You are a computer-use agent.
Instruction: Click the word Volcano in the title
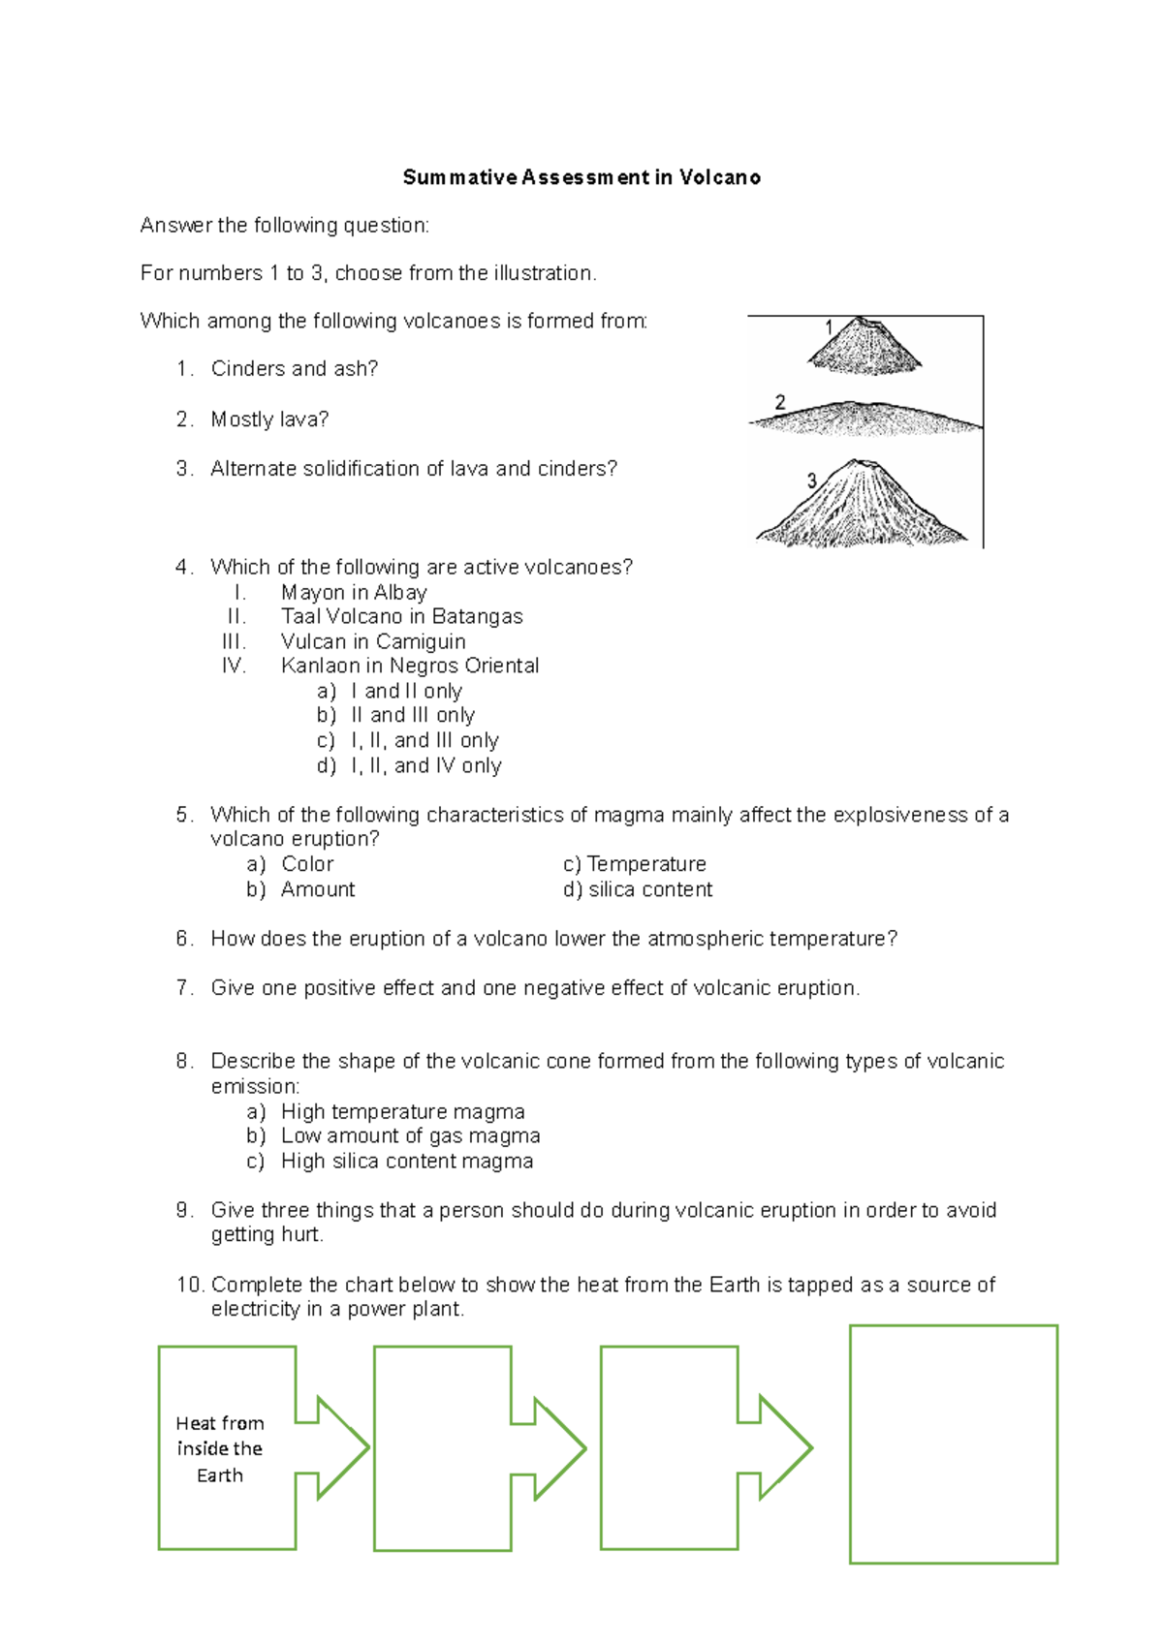719,177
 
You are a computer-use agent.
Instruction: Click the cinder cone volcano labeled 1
864,347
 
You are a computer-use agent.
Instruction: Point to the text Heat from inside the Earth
220,1448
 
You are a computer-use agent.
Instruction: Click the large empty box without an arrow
953,1443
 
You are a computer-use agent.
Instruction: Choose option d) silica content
638,889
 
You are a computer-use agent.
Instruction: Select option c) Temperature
635,864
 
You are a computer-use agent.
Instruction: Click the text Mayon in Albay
354,592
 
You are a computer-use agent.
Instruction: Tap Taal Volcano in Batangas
401,616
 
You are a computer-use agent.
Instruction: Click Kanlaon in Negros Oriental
409,666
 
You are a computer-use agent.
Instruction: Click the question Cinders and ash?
294,368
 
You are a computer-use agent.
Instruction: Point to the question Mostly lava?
269,419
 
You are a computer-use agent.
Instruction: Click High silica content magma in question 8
406,1161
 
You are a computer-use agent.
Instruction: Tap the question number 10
190,1285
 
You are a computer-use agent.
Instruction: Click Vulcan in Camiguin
373,641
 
